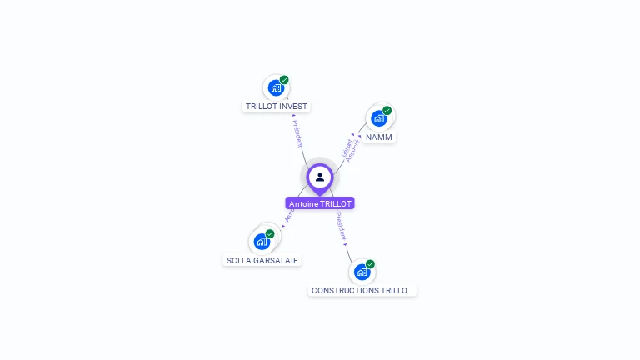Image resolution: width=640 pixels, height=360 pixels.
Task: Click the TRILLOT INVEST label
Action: [x=277, y=107]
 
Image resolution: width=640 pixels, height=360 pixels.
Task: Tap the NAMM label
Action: [x=379, y=137]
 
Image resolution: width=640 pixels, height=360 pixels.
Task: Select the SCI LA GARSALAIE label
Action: [x=262, y=260]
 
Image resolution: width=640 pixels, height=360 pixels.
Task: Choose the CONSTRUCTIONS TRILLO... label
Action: [x=362, y=291]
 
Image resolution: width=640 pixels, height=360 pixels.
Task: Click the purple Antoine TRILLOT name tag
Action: [x=320, y=203]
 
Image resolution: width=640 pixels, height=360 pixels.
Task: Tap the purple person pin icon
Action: [x=320, y=177]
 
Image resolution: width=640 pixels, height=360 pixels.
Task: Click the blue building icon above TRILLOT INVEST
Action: [x=276, y=87]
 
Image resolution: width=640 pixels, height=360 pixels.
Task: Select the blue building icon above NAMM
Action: [x=379, y=117]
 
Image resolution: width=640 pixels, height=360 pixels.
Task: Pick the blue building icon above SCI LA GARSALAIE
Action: [x=262, y=242]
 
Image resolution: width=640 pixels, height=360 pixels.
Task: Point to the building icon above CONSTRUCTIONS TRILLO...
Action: [x=362, y=272]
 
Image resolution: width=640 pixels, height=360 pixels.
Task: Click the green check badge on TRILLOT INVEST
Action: [x=284, y=80]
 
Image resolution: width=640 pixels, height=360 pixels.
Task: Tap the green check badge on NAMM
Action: [x=387, y=110]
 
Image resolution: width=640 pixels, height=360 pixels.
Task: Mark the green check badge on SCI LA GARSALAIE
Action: [x=270, y=234]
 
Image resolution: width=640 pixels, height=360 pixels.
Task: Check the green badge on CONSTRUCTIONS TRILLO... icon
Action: [x=370, y=264]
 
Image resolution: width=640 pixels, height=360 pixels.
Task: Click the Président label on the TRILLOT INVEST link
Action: [x=297, y=134]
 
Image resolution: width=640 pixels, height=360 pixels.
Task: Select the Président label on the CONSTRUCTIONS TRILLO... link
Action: [x=341, y=226]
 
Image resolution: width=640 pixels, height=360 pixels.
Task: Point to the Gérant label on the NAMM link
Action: [x=347, y=147]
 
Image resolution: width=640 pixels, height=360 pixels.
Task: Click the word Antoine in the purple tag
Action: [x=303, y=203]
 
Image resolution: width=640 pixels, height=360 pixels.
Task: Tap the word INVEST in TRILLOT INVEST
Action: [x=294, y=107]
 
